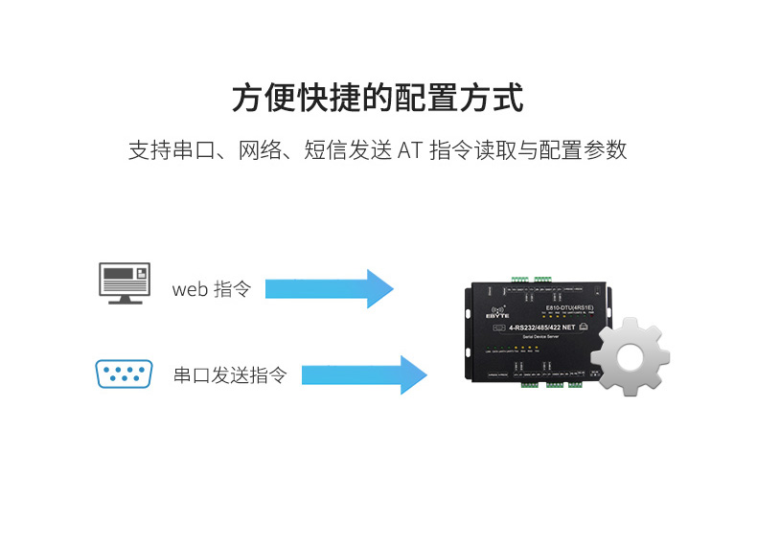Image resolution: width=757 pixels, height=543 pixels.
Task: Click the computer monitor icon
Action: coord(126,284)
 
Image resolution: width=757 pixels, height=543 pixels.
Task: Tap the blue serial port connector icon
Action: coord(124,373)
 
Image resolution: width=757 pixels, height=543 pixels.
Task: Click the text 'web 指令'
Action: coord(211,289)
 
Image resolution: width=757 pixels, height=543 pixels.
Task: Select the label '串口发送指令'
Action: coord(230,374)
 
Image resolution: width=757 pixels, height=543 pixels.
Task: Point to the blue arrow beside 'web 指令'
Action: coord(329,288)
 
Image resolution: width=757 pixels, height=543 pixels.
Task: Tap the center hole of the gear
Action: coord(629,356)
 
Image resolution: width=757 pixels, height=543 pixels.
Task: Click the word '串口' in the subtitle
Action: coord(195,150)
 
